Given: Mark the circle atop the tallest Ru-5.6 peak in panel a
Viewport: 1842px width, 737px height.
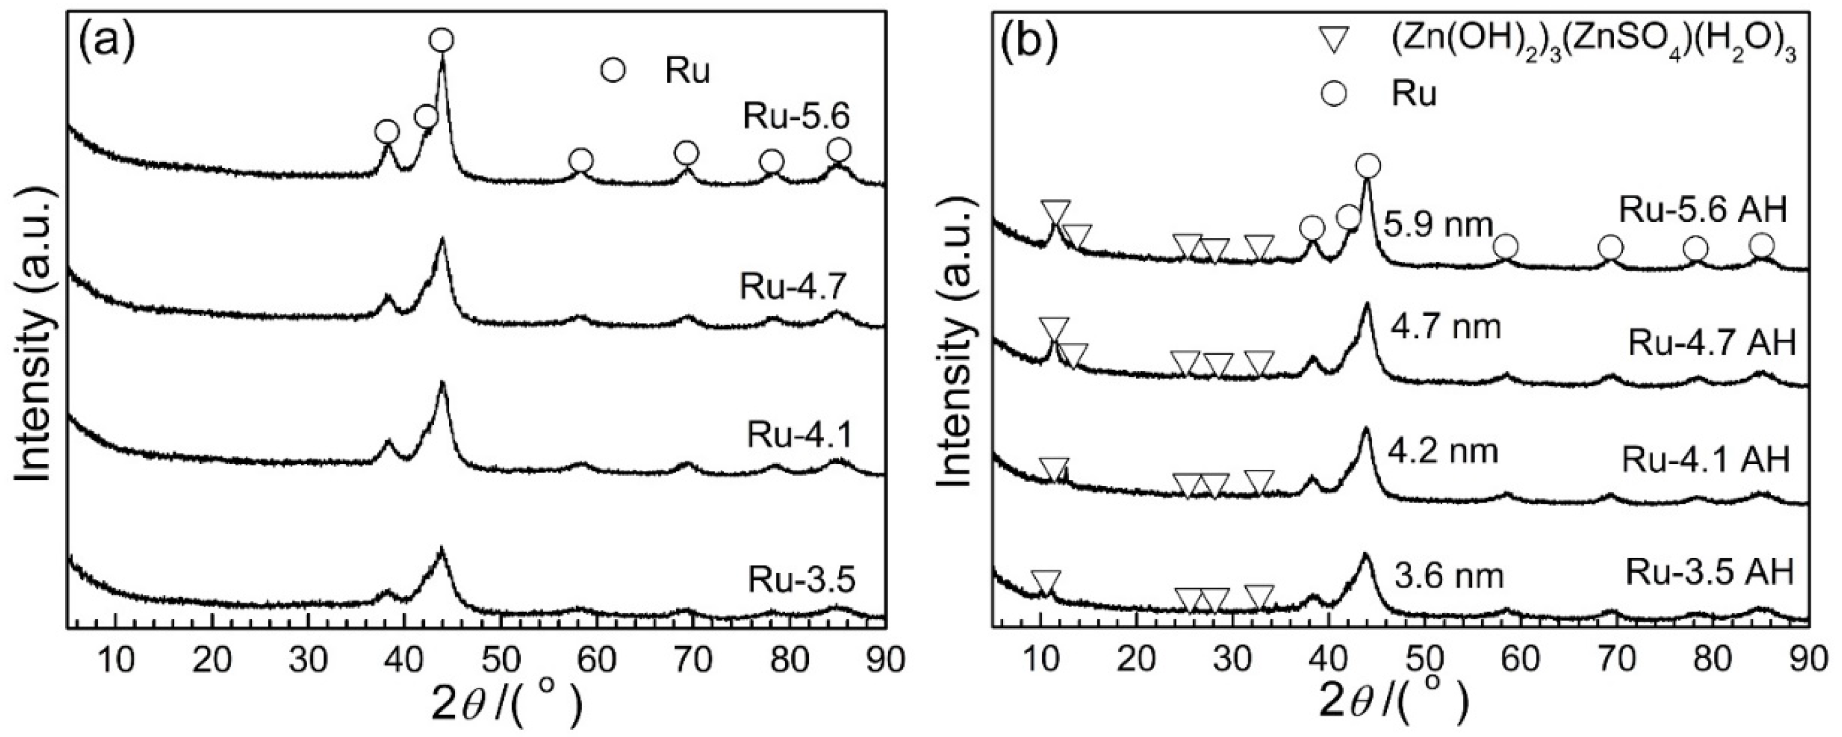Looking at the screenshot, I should coord(442,40).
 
